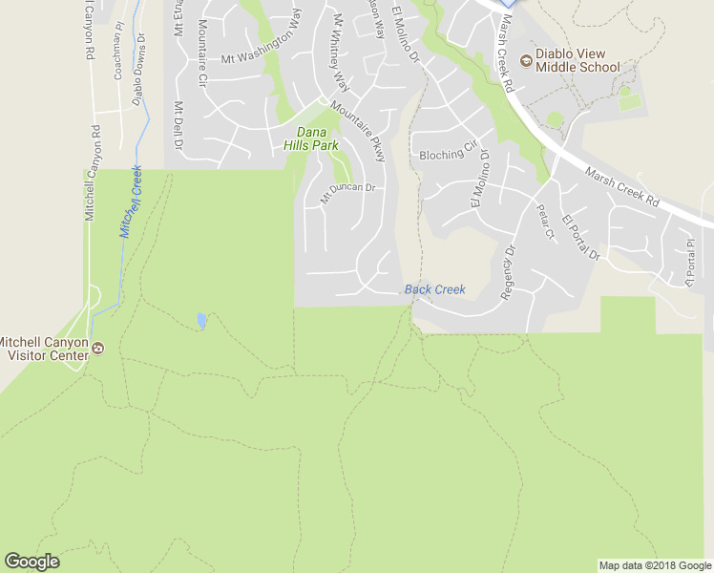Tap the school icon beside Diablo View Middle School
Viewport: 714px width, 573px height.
coord(525,61)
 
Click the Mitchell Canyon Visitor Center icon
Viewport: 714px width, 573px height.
coord(97,350)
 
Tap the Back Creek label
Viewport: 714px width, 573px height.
coord(434,289)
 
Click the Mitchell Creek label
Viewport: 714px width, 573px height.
coord(131,201)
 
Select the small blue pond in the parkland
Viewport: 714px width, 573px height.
coord(201,320)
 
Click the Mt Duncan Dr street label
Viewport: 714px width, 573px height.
coord(346,193)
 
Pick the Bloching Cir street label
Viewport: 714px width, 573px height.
coord(447,152)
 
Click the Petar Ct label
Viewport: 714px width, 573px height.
coord(545,222)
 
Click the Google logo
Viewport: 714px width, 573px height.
coord(31,562)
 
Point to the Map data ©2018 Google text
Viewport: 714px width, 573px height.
coord(655,565)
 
